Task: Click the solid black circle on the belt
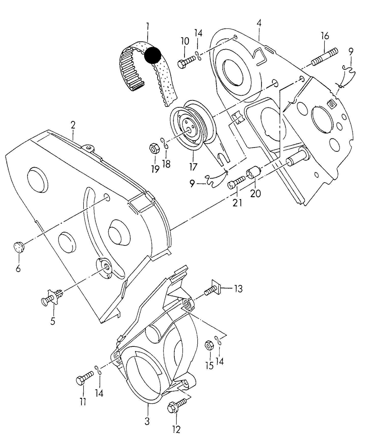tap(153, 55)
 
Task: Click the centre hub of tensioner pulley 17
tap(189, 130)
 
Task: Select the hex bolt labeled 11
tap(85, 377)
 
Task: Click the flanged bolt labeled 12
tap(177, 405)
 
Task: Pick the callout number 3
tap(147, 421)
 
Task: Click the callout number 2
tap(73, 125)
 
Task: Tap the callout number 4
tap(259, 23)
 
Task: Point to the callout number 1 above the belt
tap(148, 26)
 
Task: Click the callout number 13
tap(238, 289)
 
